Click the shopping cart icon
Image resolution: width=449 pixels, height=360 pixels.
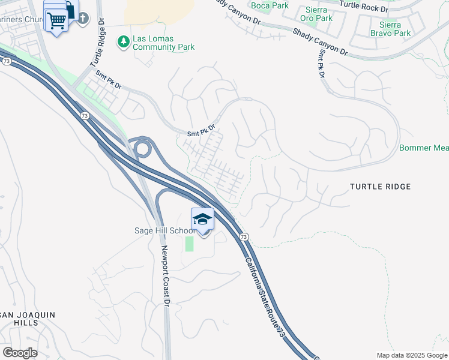[56, 21]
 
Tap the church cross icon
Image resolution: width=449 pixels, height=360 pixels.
[82, 19]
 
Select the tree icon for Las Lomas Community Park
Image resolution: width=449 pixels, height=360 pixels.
[124, 41]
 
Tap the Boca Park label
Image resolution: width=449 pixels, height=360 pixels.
[270, 6]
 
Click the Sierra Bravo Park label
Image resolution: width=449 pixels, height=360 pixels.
[394, 29]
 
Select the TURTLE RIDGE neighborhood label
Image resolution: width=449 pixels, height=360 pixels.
[381, 187]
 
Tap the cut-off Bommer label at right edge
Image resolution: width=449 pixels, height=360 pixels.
[424, 148]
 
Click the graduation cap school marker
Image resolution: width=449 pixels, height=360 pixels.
[203, 220]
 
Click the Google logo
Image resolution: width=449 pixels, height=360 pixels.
[20, 352]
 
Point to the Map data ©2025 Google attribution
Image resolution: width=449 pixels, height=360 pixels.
[412, 355]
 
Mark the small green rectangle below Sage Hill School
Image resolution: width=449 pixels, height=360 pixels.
[190, 244]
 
